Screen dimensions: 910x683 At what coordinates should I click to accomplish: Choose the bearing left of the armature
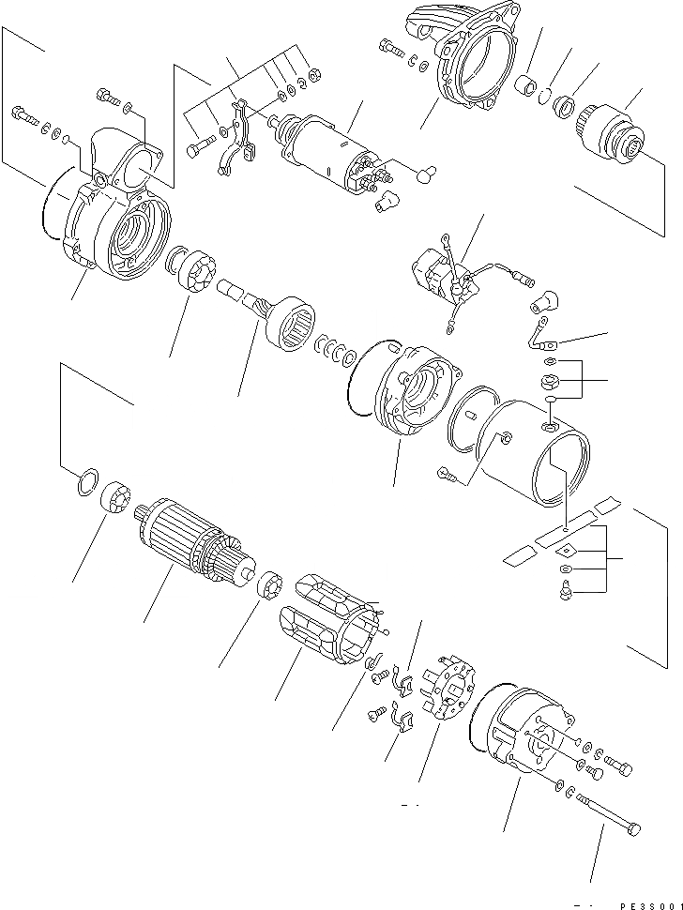tap(116, 496)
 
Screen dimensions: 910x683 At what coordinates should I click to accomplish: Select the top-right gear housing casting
tap(464, 61)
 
